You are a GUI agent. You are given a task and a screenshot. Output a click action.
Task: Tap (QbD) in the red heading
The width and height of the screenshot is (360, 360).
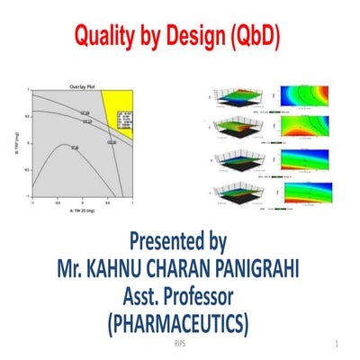tap(248, 37)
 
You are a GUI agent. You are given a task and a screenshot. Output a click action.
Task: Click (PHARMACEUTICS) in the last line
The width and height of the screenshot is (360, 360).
tap(179, 321)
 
